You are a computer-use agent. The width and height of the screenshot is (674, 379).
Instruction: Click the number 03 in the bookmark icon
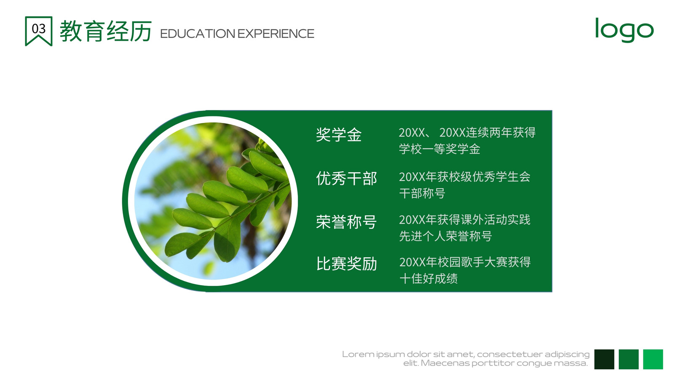38,29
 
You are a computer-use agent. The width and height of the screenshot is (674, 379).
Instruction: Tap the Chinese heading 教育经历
106,31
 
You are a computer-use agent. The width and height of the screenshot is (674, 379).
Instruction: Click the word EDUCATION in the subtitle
198,34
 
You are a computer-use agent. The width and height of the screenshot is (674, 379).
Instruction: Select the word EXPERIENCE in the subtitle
275,34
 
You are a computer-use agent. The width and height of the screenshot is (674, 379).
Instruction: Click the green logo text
624,29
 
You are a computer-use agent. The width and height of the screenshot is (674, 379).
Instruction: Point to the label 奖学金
339,134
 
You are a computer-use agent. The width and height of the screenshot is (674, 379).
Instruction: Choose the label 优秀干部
346,179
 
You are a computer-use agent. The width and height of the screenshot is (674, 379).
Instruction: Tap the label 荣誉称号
346,222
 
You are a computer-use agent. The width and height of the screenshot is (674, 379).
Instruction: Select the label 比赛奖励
347,264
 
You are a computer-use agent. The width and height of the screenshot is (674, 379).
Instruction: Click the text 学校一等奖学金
440,149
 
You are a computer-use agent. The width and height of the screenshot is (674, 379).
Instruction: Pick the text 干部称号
422,193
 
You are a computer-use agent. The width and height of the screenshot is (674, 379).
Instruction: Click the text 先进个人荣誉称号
446,236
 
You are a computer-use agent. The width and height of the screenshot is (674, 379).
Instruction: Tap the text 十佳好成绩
428,278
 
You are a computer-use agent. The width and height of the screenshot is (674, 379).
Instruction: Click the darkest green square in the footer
604,359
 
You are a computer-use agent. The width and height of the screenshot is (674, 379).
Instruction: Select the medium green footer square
629,359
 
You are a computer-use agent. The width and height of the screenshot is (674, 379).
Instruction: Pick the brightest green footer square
653,359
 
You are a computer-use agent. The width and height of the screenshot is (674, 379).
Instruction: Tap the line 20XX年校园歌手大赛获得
465,262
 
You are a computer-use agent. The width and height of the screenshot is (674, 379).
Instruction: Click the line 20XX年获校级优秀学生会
465,177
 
